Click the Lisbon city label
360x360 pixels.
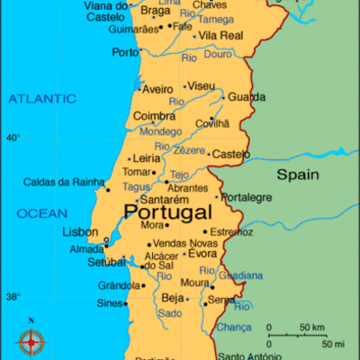click(x=79, y=231)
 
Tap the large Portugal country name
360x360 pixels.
click(x=168, y=212)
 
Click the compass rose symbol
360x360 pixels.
click(x=31, y=340)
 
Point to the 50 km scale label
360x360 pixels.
click(x=312, y=326)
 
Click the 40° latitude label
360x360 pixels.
click(x=13, y=138)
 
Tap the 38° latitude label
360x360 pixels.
click(x=13, y=297)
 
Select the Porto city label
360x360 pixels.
click(x=125, y=52)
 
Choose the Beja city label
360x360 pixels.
click(x=171, y=297)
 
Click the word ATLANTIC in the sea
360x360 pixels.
click(x=42, y=98)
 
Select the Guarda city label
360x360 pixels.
click(x=247, y=96)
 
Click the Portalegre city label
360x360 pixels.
click(x=247, y=197)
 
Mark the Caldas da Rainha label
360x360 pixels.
click(x=59, y=181)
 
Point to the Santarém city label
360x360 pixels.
click(x=165, y=199)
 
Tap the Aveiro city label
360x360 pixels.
click(x=157, y=89)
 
